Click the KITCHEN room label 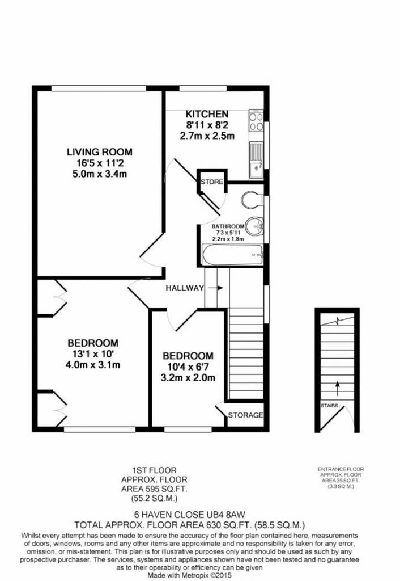207,114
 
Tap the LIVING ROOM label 100,152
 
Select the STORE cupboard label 212,182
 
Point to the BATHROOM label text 228,226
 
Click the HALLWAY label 185,288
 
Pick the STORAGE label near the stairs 245,415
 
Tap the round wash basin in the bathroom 254,226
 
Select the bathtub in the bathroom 232,255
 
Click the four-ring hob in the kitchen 256,121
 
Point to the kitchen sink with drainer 256,159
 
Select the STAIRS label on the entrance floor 329,405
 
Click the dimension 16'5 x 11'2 100,163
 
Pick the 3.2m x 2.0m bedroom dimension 188,378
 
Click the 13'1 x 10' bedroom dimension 93,354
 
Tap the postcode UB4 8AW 225,514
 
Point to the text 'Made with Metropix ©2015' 189,575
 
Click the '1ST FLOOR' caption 155,470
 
